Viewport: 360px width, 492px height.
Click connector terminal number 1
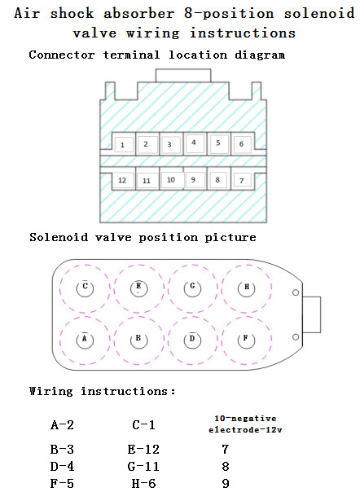(x=124, y=145)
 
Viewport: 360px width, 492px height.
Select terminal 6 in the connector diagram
(x=242, y=144)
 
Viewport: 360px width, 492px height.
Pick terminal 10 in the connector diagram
(x=172, y=180)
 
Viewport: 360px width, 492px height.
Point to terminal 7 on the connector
(x=242, y=180)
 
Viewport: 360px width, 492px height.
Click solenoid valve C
(x=85, y=288)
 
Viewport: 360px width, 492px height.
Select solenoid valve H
(x=247, y=288)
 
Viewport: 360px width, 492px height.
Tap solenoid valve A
(x=85, y=340)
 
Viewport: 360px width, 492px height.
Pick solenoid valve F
(x=247, y=340)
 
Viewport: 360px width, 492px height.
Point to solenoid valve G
(x=192, y=288)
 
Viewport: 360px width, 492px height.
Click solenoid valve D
(x=192, y=340)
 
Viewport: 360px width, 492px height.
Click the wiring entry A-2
(x=62, y=425)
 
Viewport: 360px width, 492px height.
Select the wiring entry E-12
(x=143, y=450)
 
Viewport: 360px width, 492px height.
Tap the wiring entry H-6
(x=143, y=483)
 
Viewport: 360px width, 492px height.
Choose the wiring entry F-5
(x=62, y=483)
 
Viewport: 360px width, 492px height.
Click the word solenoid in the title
(x=319, y=14)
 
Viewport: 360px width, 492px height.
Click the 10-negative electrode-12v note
(x=245, y=424)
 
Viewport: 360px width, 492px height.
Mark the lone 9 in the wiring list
(x=226, y=483)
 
